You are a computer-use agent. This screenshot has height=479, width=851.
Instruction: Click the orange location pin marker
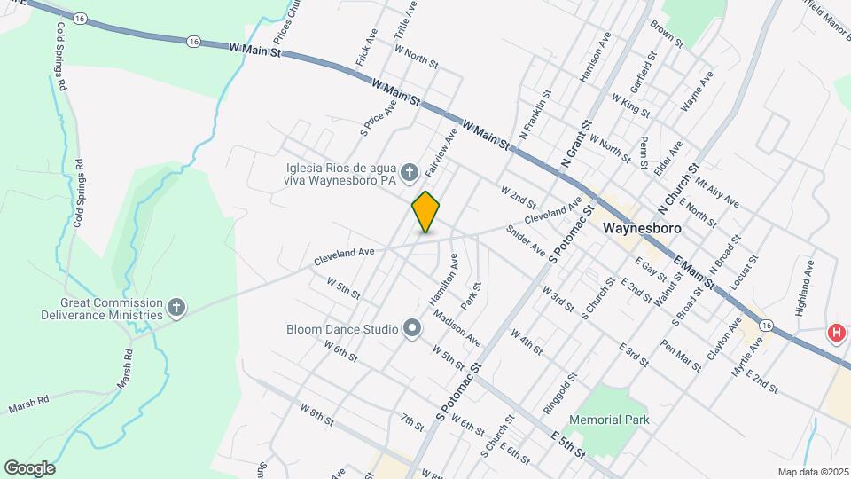pos(425,212)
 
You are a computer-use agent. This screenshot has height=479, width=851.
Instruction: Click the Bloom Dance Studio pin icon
pos(411,329)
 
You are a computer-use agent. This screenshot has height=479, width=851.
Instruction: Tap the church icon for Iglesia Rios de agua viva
pos(409,171)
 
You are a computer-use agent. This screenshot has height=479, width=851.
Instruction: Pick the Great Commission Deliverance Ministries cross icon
pos(177,308)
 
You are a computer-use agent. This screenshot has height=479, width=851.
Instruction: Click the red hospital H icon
pos(835,334)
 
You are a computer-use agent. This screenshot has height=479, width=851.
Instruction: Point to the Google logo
pos(29,467)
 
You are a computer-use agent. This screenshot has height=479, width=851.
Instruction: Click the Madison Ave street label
pos(457,329)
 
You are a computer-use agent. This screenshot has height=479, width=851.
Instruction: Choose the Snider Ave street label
pos(526,239)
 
